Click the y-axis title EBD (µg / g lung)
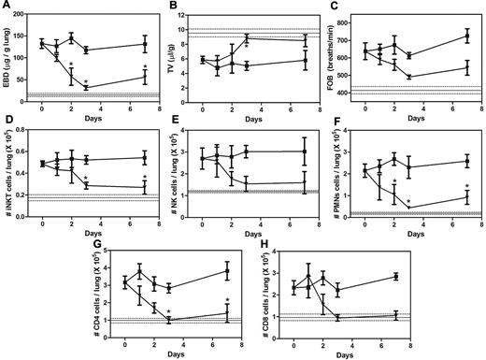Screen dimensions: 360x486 [11, 56]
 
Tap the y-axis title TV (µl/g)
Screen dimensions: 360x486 [179, 56]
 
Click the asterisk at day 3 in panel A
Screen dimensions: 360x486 [86, 80]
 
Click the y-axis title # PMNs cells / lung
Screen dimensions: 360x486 [343, 172]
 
